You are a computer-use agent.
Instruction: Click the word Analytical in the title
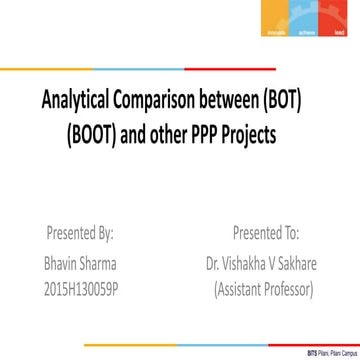[76, 101]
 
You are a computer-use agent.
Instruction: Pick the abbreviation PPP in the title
[229, 132]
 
